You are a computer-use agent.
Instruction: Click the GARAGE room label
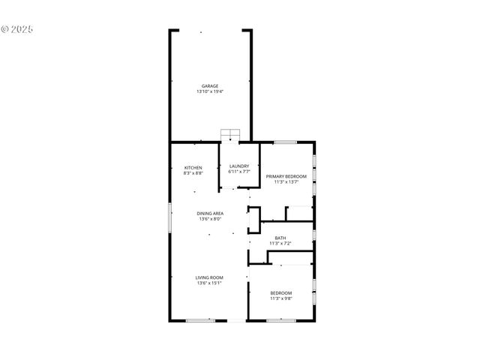(x=210, y=85)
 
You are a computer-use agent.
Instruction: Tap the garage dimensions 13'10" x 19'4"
(x=210, y=91)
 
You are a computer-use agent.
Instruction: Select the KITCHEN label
(x=193, y=167)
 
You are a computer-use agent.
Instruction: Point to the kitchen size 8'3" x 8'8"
(x=193, y=173)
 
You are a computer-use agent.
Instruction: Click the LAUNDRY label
(x=239, y=166)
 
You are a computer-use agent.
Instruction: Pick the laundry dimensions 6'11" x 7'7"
(x=239, y=172)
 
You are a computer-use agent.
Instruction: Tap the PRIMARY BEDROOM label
(x=286, y=175)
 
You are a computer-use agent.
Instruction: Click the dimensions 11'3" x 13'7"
(x=286, y=181)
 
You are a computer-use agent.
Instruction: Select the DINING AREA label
(x=211, y=213)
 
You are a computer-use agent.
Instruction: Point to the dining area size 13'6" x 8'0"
(x=211, y=219)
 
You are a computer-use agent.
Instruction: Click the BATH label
(x=280, y=238)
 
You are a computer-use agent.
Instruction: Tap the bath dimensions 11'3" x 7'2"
(x=280, y=244)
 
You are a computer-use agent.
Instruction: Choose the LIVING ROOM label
(x=210, y=277)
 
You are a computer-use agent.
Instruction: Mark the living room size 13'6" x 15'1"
(x=210, y=283)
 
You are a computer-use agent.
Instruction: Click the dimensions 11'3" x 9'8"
(x=281, y=298)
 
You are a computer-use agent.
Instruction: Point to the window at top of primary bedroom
(x=285, y=142)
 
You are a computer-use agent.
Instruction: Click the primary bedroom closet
(x=299, y=213)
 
